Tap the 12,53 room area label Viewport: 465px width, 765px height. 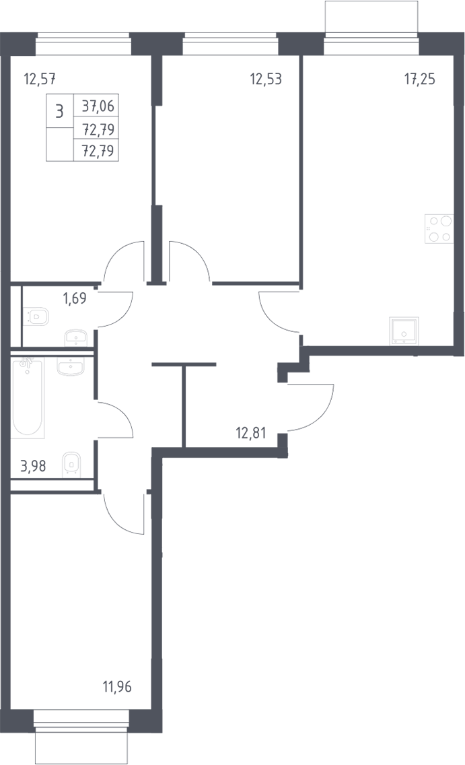coord(266,79)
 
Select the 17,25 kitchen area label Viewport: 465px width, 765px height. coord(420,79)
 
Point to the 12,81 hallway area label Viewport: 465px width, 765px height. coord(251,433)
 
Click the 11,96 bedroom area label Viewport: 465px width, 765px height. coord(117,688)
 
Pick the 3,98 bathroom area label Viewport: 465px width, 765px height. coord(33,467)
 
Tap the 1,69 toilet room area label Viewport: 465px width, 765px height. coord(75,298)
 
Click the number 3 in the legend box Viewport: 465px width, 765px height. coord(59,111)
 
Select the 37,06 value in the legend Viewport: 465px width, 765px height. coord(98,105)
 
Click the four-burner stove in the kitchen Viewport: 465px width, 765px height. coord(439,229)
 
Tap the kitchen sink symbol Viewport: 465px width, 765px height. coord(404,331)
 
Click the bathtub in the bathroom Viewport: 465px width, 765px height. coord(28,397)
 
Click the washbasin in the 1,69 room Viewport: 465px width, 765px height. coord(75,337)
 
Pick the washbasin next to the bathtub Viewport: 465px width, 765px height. coord(71,366)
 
